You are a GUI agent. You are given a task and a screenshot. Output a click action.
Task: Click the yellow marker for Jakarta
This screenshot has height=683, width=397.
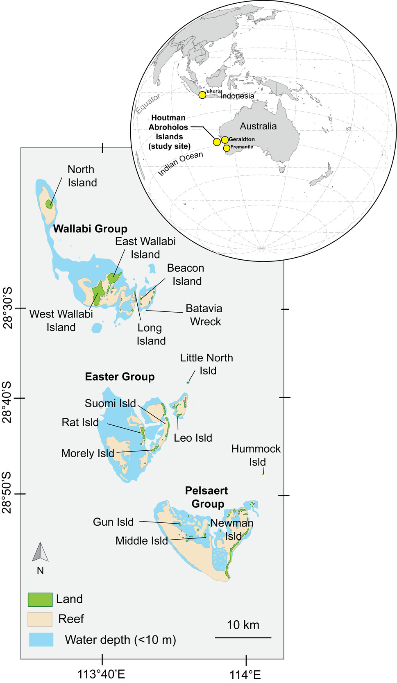tap(202, 95)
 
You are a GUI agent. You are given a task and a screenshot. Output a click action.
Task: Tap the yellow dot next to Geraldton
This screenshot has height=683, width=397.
tap(225, 140)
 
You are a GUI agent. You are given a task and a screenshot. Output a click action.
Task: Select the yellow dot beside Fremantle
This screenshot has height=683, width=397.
tap(227, 148)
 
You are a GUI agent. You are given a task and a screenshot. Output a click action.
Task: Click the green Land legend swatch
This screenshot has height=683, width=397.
tap(40, 599)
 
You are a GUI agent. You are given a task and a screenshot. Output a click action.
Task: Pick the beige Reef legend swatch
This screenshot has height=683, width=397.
tap(40, 619)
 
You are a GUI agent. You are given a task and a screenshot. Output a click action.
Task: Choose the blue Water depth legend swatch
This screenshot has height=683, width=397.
tap(41, 640)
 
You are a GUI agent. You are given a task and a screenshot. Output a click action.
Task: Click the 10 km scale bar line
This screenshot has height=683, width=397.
tap(243, 638)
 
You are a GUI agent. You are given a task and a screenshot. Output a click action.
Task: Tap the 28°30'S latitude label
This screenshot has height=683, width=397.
tap(8, 308)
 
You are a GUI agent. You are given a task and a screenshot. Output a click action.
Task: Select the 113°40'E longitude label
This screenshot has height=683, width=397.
tap(101, 674)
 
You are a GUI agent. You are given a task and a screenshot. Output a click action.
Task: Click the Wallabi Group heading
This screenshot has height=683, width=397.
tap(90, 229)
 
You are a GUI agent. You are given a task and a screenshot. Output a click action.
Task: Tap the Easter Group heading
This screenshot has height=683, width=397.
tap(120, 377)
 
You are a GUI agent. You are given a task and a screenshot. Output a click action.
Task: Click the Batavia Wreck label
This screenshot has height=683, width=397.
tap(204, 315)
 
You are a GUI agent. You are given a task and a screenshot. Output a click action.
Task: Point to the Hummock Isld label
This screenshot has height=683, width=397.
tap(256, 455)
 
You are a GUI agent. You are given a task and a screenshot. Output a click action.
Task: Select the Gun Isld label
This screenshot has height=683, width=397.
tap(113, 522)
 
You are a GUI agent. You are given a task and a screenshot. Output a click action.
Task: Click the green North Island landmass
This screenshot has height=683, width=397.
tap(49, 204)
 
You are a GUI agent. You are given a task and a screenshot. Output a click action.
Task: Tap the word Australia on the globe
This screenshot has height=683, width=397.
tap(258, 126)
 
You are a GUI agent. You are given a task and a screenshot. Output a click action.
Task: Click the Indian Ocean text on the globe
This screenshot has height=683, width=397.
tap(180, 163)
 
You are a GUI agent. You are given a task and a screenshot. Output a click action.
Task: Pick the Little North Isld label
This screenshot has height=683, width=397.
tap(206, 364)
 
